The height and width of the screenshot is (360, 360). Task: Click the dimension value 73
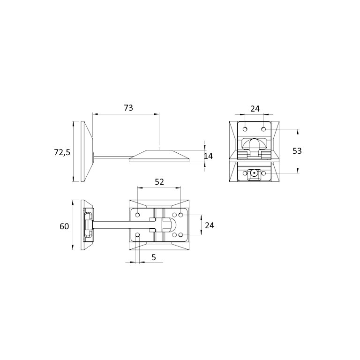coord(128,108)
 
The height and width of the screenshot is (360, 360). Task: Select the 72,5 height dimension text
coord(62,152)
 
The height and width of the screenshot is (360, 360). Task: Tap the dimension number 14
coord(208,156)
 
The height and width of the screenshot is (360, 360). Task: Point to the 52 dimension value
coord(159,182)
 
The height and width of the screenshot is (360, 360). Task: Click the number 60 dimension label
coord(64,226)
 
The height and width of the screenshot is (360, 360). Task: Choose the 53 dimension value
coord(297,151)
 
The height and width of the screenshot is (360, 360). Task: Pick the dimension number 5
coord(154,257)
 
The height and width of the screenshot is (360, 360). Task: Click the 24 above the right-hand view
coord(255,109)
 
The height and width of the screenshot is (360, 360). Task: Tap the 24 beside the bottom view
coord(210,225)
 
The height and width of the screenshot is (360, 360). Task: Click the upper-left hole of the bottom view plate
coord(137,215)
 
